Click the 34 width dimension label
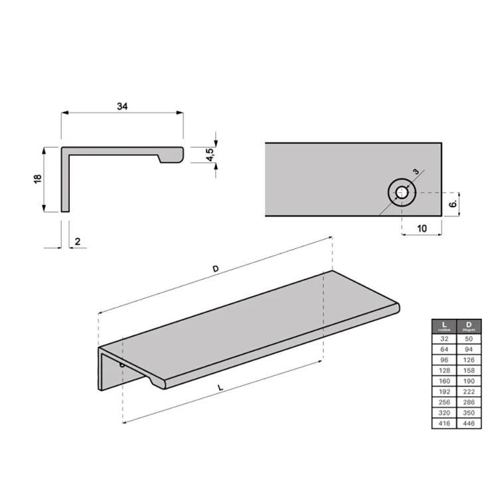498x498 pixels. [x=123, y=106]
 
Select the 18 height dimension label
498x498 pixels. [x=38, y=179]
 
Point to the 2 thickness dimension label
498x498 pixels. [x=78, y=242]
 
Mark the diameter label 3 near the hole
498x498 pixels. [x=416, y=171]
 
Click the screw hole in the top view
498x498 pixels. [x=402, y=193]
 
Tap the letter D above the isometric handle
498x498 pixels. [x=214, y=268]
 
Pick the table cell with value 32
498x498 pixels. [x=444, y=338]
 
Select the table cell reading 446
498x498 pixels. [x=468, y=423]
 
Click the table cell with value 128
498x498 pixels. [x=444, y=370]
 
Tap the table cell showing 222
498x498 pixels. [x=468, y=391]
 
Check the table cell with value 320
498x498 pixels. [x=444, y=412]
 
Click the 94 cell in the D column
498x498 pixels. [x=468, y=349]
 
